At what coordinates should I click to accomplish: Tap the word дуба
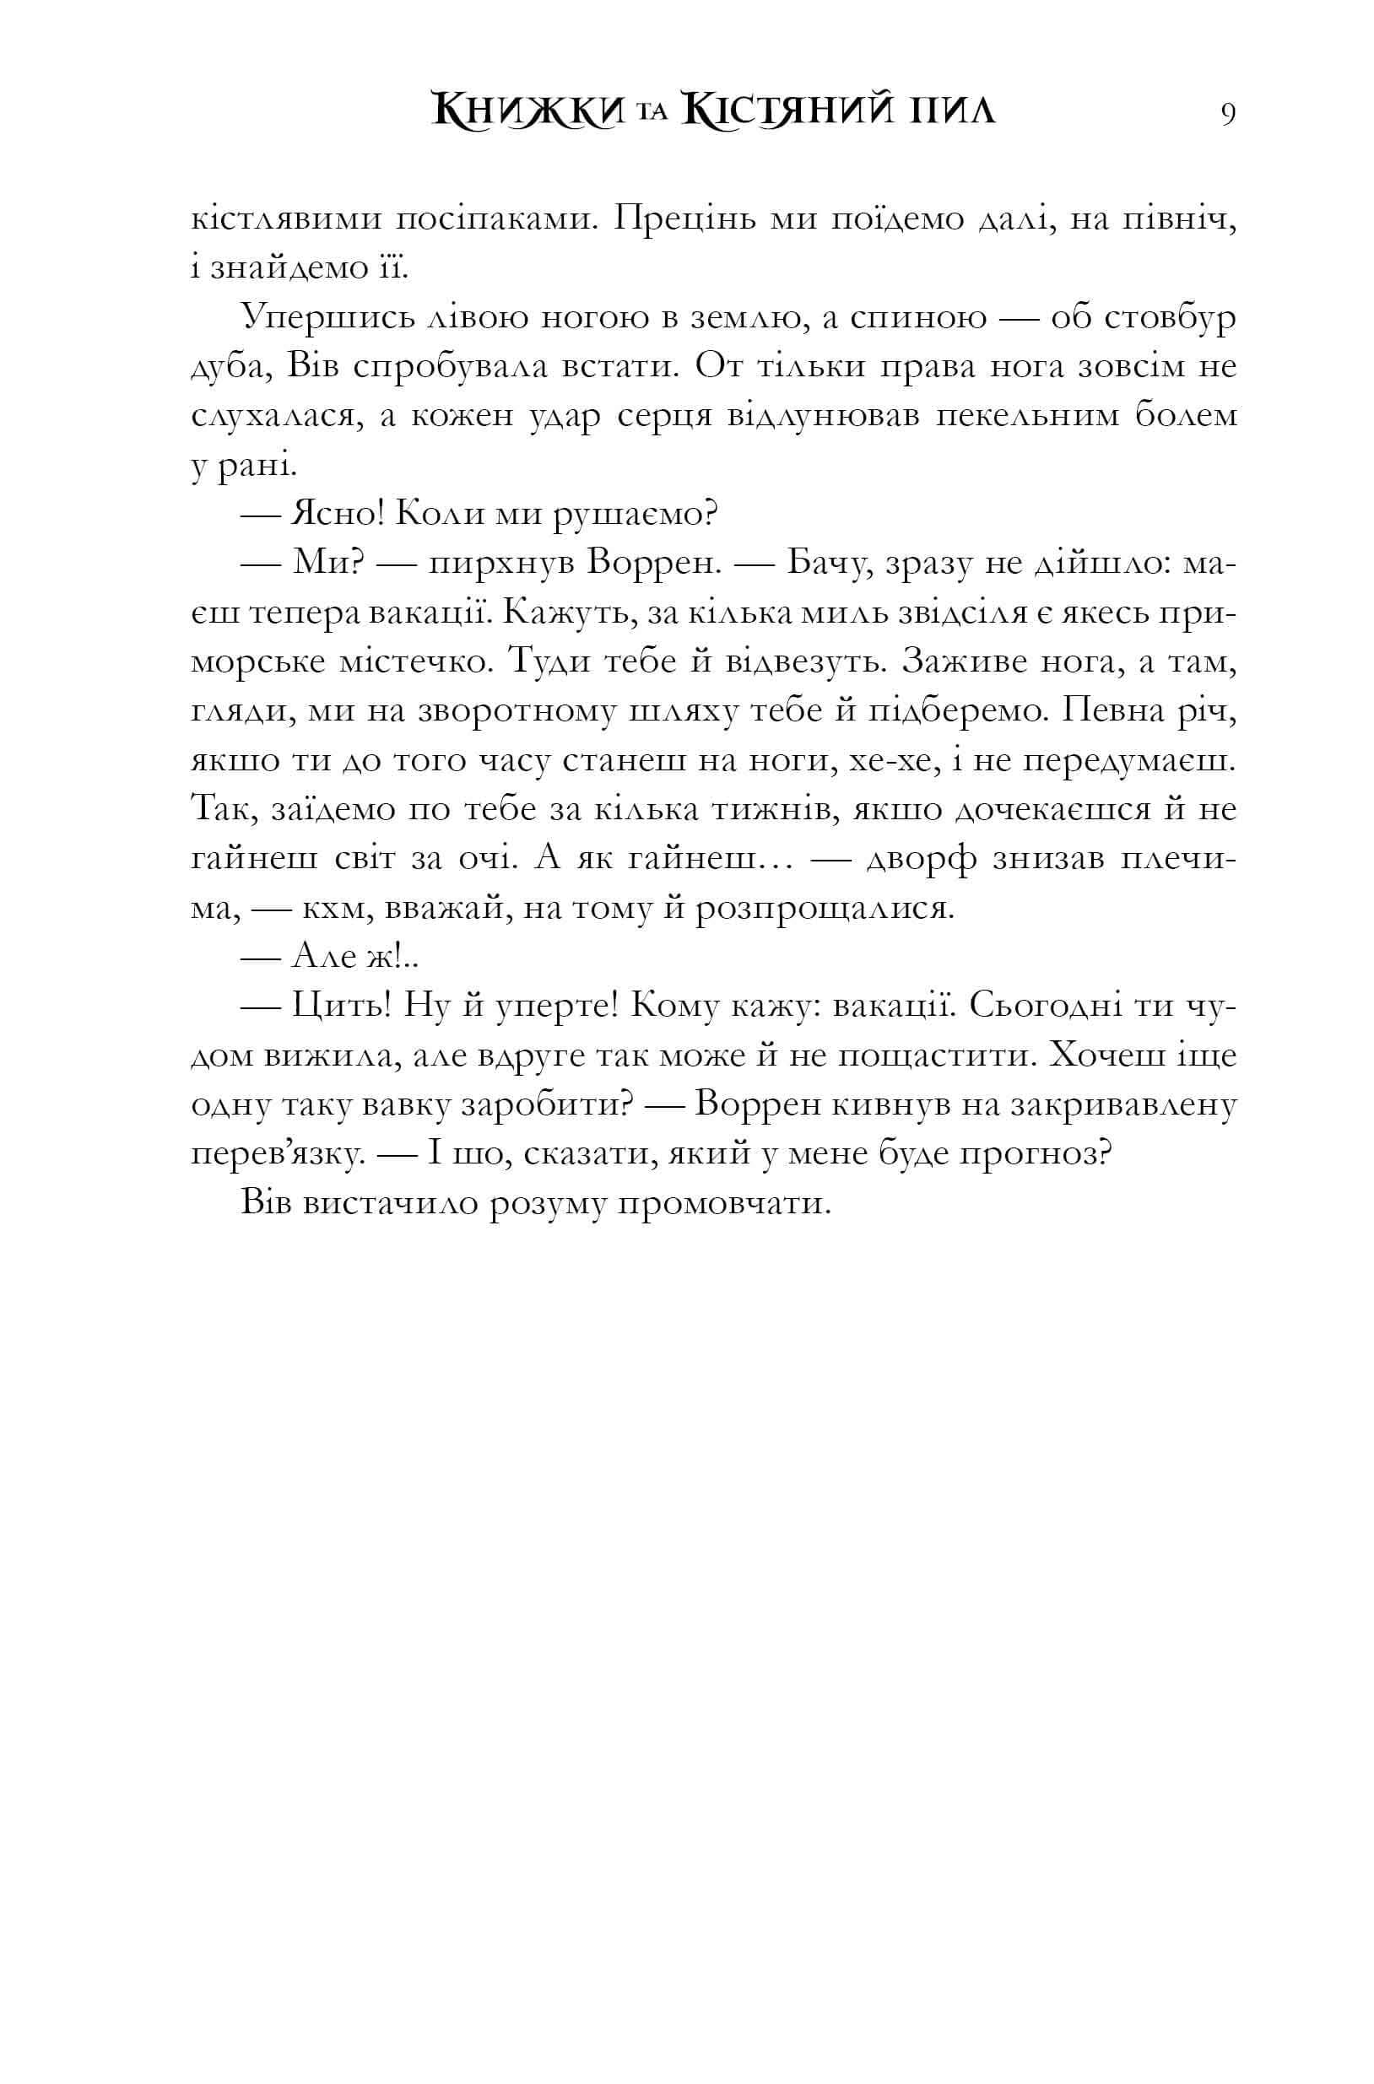[224, 366]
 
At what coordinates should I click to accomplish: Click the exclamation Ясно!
[338, 514]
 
